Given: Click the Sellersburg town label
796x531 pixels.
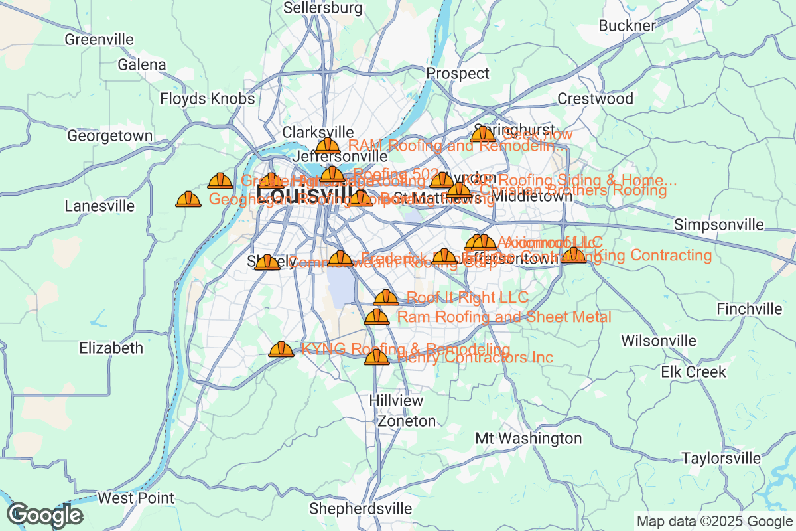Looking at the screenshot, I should pos(323,8).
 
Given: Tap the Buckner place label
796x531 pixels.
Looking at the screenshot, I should pos(627,26).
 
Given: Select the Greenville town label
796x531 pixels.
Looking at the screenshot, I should pos(99,39).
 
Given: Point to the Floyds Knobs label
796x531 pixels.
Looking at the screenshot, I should pos(208,99).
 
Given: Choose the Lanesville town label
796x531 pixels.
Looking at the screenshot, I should pos(99,206).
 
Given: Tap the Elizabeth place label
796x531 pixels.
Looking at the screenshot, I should pos(111,348).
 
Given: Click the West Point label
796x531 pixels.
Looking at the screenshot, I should pos(136,498).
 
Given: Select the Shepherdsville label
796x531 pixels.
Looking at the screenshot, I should pos(361,509).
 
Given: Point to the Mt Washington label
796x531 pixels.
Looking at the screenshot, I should pos(529,439).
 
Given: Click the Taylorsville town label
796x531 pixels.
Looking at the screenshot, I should pos(722,459).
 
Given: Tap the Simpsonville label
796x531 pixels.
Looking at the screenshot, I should pos(718,225).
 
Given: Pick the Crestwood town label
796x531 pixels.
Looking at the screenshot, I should pos(595,99).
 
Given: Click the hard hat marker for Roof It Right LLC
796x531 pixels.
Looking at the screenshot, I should pos(386,297).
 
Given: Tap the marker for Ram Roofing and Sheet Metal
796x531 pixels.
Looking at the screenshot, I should pos(377,317).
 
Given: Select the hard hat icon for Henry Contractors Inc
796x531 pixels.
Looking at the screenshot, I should pos(377,357).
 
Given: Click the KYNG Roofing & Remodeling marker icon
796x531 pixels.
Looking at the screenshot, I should pos(281,349).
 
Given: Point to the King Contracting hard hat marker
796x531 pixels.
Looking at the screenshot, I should pos(574,255).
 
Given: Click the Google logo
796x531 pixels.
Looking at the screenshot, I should pos(45,515).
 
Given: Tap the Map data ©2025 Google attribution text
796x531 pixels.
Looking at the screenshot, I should pos(714,521).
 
